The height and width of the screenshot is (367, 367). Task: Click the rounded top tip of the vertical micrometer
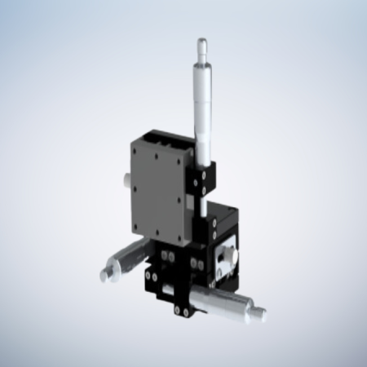201,41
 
